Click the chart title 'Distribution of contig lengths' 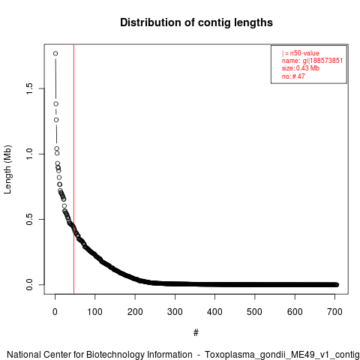(x=196, y=22)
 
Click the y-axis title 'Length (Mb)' (x=7, y=169)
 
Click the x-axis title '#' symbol (x=196, y=332)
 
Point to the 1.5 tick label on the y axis (x=29, y=88)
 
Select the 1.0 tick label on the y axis (x=29, y=154)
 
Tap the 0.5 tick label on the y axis (x=29, y=219)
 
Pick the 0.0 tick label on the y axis (x=29, y=284)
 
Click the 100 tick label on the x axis (x=94, y=312)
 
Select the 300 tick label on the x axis (x=175, y=312)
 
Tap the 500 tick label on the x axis (x=254, y=312)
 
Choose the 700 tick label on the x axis (x=334, y=312)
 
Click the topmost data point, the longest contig (x=55, y=53)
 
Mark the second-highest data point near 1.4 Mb (x=56, y=103)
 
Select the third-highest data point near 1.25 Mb (x=56, y=120)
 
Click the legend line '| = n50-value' (x=301, y=53)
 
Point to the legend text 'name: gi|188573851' (x=312, y=61)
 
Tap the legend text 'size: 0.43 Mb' (x=301, y=68)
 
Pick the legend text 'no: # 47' (x=293, y=76)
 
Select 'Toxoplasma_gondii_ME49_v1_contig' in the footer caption (x=282, y=355)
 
